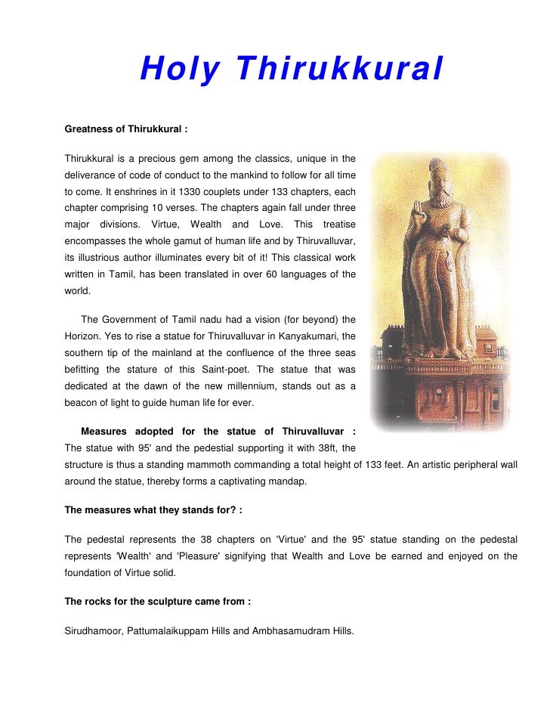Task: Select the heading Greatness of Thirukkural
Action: coord(125,129)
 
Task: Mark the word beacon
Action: coord(83,404)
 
